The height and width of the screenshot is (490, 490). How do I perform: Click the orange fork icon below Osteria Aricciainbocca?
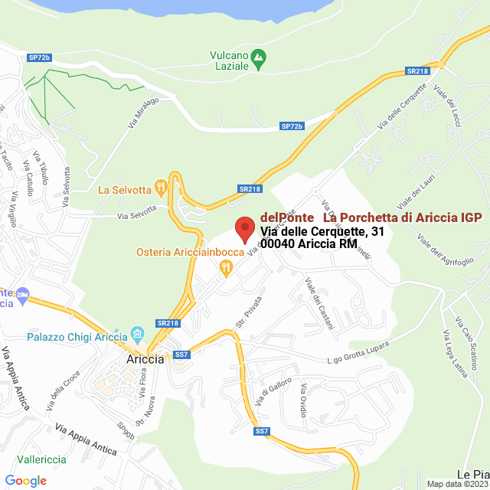pos(225,267)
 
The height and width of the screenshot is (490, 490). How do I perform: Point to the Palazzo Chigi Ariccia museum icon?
pos(138,334)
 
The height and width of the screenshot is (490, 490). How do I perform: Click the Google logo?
pos(25,481)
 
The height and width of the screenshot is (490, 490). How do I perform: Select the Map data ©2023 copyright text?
pos(457,484)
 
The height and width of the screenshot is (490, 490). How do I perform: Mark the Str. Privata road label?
pos(244,315)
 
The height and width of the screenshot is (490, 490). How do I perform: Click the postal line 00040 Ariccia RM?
pos(309,243)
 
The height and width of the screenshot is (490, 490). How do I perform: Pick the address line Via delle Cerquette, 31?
pos(322,231)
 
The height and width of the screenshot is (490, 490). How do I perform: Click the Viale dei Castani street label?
pos(319,304)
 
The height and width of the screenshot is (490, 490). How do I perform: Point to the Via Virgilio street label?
pos(12,203)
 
